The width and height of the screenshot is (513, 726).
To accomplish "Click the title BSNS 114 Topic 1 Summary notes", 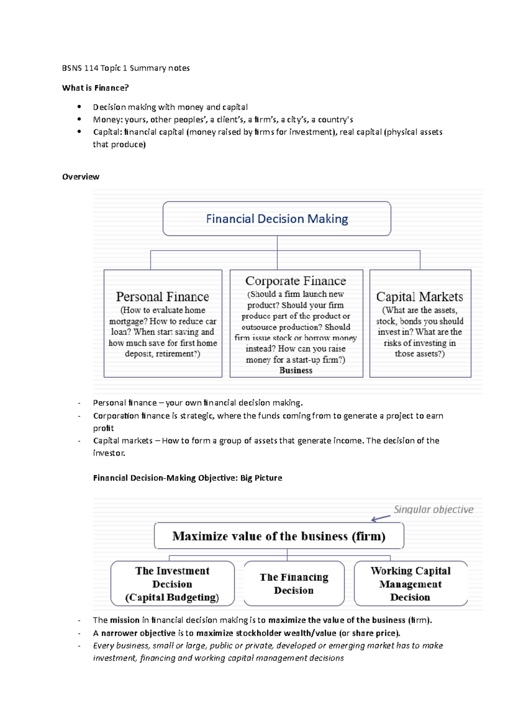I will point(126,68).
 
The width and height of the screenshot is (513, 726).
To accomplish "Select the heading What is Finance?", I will point(95,88).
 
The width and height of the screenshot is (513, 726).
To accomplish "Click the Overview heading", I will point(80,177).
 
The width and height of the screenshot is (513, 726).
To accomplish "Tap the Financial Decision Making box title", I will point(277,219).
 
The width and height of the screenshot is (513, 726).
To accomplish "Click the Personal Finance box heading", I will point(162,297).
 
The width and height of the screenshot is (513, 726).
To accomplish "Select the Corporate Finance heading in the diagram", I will point(295,281).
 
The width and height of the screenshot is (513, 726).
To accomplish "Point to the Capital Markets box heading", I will point(419,297).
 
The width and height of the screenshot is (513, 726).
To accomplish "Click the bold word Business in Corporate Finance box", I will point(296,371).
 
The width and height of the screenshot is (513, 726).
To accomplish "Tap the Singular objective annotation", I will point(433,510).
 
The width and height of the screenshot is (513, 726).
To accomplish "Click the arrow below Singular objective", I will point(380,519).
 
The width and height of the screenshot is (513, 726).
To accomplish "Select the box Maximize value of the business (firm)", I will point(279,536).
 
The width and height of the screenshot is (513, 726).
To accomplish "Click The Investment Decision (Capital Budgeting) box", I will point(172,584).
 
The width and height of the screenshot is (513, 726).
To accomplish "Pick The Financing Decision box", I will point(294,584).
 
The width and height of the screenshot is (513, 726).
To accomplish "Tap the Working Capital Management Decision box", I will point(410,584).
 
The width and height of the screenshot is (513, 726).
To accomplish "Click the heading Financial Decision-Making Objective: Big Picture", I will point(187,478).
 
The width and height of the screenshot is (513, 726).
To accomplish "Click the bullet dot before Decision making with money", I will point(79,107).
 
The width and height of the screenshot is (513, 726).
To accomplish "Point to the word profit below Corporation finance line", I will point(103,428).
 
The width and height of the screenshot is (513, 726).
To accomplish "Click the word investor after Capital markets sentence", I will point(109,453).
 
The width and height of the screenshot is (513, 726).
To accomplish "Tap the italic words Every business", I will point(121,646).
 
